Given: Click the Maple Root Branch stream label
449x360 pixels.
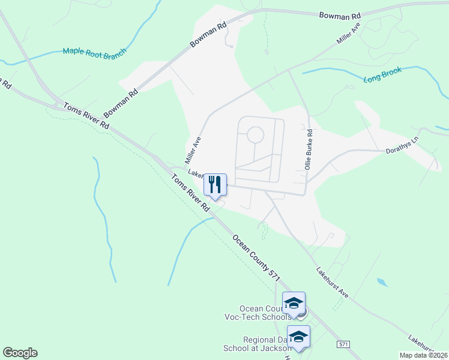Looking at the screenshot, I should point(94,52).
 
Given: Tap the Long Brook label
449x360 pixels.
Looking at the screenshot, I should point(383,79).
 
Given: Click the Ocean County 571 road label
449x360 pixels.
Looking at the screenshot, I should point(256,256).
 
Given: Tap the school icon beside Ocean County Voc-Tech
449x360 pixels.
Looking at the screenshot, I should point(294,303).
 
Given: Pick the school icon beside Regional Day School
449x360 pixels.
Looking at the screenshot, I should point(298,337).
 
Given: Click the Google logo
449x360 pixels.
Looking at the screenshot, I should point(20,353).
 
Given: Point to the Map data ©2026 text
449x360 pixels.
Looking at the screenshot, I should point(423,355).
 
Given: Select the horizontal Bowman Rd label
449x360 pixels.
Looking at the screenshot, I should point(340,14).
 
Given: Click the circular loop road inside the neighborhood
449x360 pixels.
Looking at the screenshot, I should point(255,134).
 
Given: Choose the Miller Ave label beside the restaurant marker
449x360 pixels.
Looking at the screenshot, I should point(193,150).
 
